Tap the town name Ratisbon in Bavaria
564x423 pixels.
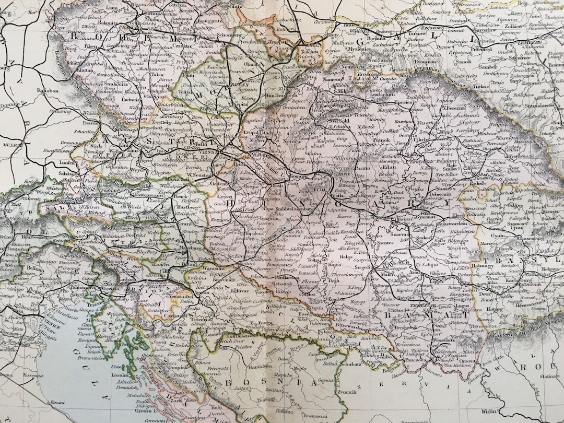[48, 90]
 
